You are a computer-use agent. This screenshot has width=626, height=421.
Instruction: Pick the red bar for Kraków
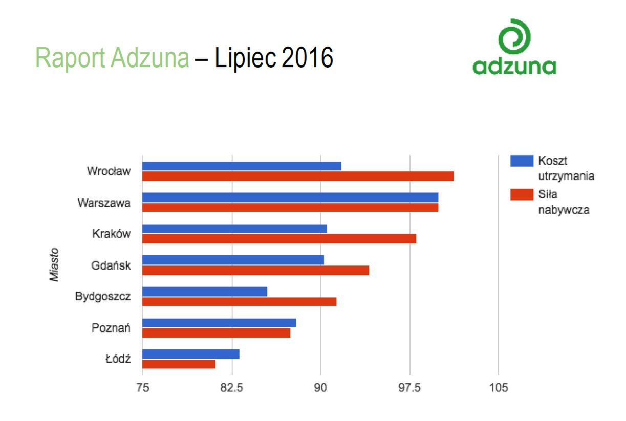click(x=279, y=239)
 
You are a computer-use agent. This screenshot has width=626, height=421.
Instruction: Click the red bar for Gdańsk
click(x=255, y=270)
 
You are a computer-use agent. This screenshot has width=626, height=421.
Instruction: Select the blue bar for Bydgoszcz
click(x=205, y=292)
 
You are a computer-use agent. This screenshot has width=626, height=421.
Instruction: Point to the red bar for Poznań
click(x=216, y=333)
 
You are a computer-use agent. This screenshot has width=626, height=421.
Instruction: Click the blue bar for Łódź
click(x=191, y=354)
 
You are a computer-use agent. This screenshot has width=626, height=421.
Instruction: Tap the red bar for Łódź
click(x=179, y=364)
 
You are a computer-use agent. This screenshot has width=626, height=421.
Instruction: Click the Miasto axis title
click(x=54, y=265)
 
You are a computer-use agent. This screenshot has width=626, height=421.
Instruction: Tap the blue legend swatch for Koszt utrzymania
click(x=522, y=162)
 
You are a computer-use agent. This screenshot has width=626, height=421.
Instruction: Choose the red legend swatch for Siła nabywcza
click(x=522, y=194)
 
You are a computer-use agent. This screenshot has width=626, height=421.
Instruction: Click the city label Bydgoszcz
click(x=103, y=297)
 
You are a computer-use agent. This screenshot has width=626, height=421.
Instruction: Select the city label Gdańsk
click(x=111, y=265)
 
